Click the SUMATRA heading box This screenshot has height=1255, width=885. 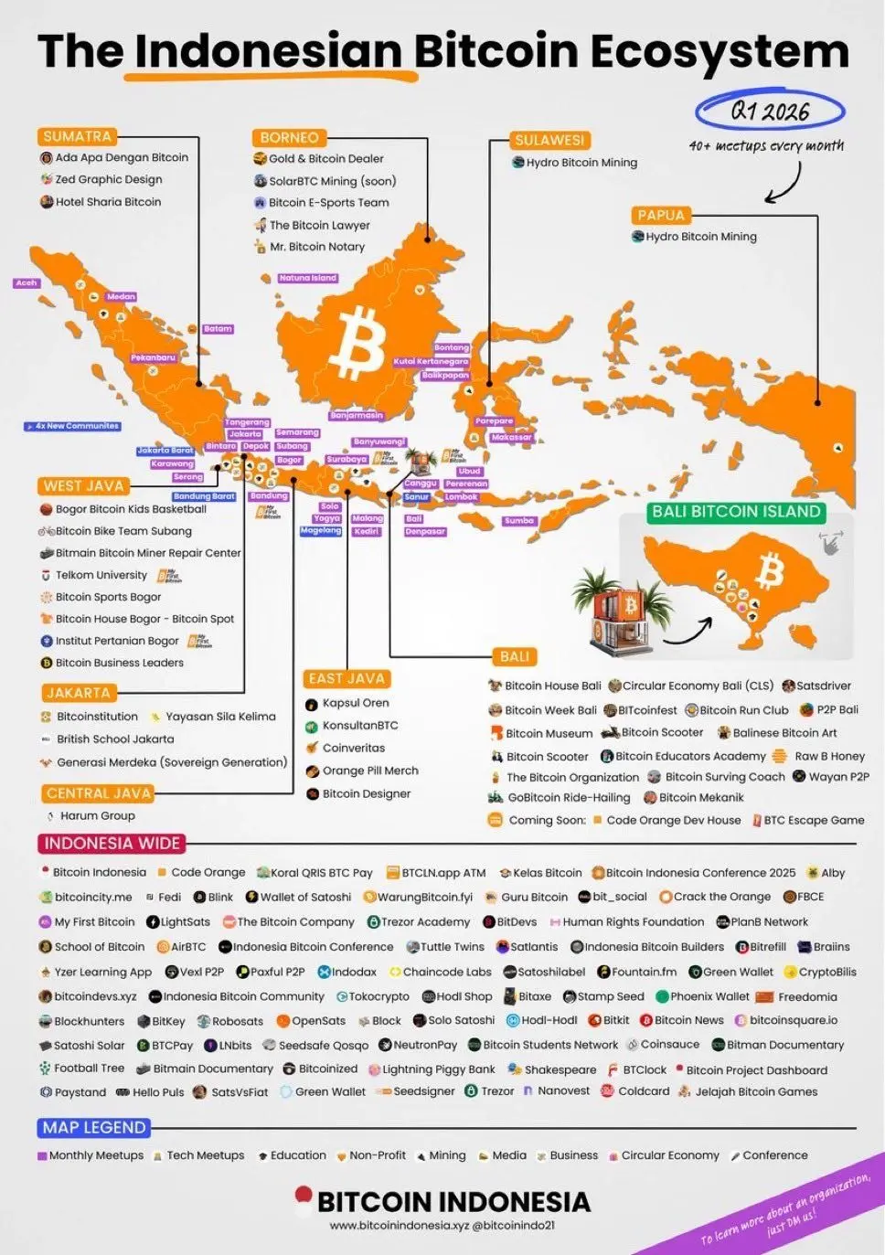(78, 136)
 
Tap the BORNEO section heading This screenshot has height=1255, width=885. (289, 137)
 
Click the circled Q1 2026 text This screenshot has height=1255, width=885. (770, 112)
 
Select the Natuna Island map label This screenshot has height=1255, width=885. (308, 278)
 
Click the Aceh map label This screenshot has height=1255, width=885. (27, 283)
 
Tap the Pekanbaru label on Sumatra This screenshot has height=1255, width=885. (153, 357)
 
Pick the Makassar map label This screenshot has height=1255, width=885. (511, 437)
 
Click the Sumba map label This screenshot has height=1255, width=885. (518, 521)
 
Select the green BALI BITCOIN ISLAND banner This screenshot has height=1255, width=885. (736, 512)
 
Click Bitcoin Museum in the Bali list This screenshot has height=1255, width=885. (549, 733)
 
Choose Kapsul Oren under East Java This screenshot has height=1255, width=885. (355, 703)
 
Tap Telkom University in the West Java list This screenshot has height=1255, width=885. (101, 575)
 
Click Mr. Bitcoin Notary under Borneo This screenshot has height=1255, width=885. (316, 247)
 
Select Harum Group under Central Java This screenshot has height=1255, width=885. (97, 815)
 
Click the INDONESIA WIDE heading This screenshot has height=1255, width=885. (112, 843)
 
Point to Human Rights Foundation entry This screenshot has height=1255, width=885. (633, 922)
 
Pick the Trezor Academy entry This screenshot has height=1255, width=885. (425, 922)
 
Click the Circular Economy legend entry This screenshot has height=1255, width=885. (669, 1155)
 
